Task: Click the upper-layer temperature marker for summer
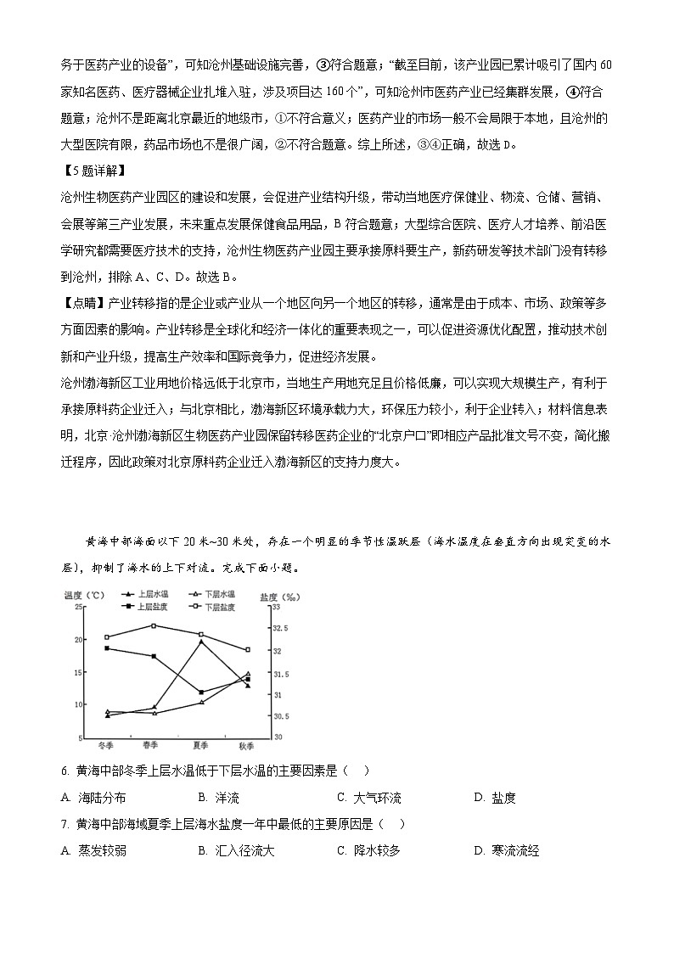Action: tap(201, 642)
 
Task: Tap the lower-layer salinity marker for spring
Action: tap(154, 626)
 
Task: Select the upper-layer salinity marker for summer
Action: tap(200, 692)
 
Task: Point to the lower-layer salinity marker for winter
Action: tap(107, 637)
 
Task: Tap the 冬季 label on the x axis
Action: tap(106, 746)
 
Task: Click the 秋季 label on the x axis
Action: tap(247, 746)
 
